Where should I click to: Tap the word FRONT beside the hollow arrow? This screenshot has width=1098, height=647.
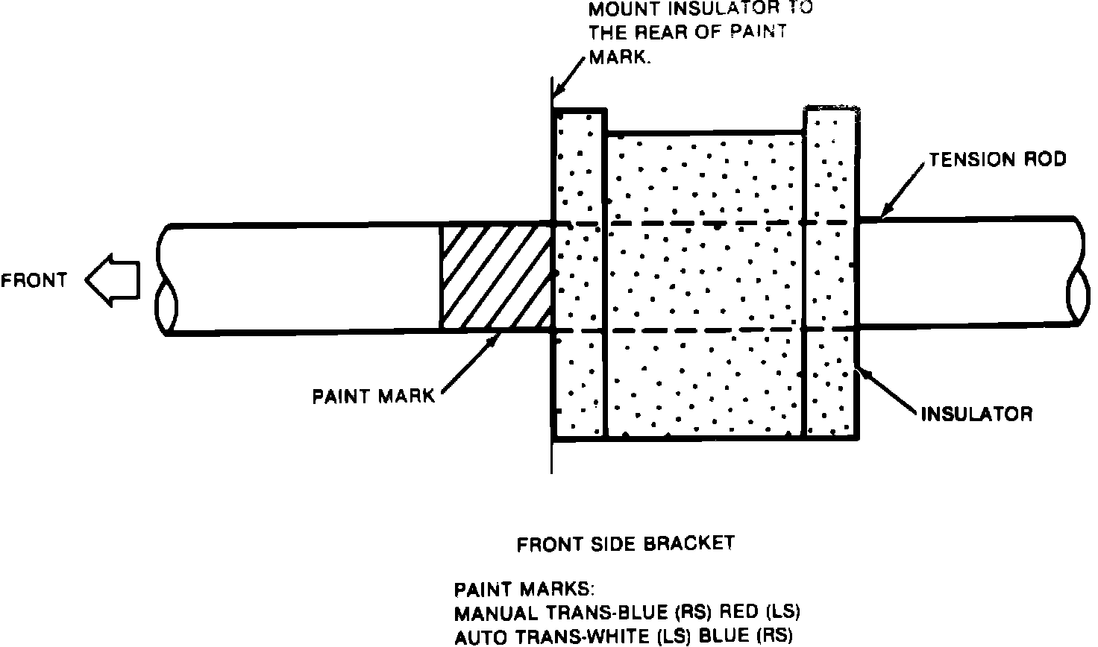coord(34,281)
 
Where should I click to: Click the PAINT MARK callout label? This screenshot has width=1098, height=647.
coord(373,396)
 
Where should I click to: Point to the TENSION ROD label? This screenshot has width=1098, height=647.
coord(997,159)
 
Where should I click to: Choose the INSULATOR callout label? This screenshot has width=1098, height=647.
coord(976,414)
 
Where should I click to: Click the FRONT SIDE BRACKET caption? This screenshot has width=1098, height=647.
coord(625,544)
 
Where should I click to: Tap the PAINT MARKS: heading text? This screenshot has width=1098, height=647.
coord(524,590)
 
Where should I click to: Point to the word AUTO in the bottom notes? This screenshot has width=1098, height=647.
coord(478,637)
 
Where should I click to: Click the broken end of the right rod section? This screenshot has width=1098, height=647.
coord(1079,272)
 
